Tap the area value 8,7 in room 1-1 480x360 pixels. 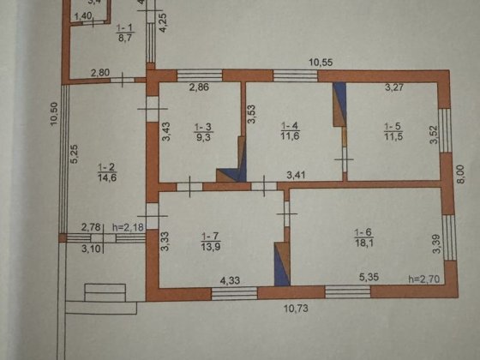tap(124, 38)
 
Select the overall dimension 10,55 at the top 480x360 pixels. tap(321, 61)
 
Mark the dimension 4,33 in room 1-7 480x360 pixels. tap(230, 279)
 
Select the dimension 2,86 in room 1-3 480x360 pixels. tap(199, 87)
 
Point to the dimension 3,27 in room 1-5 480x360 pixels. tap(394, 87)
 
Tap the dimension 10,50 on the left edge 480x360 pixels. tap(54, 114)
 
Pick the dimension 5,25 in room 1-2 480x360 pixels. tap(75, 155)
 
